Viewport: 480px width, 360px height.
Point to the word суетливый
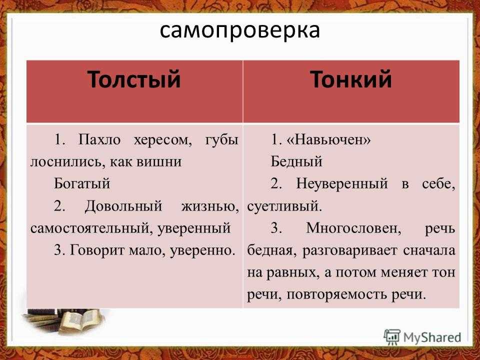click(x=283, y=205)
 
